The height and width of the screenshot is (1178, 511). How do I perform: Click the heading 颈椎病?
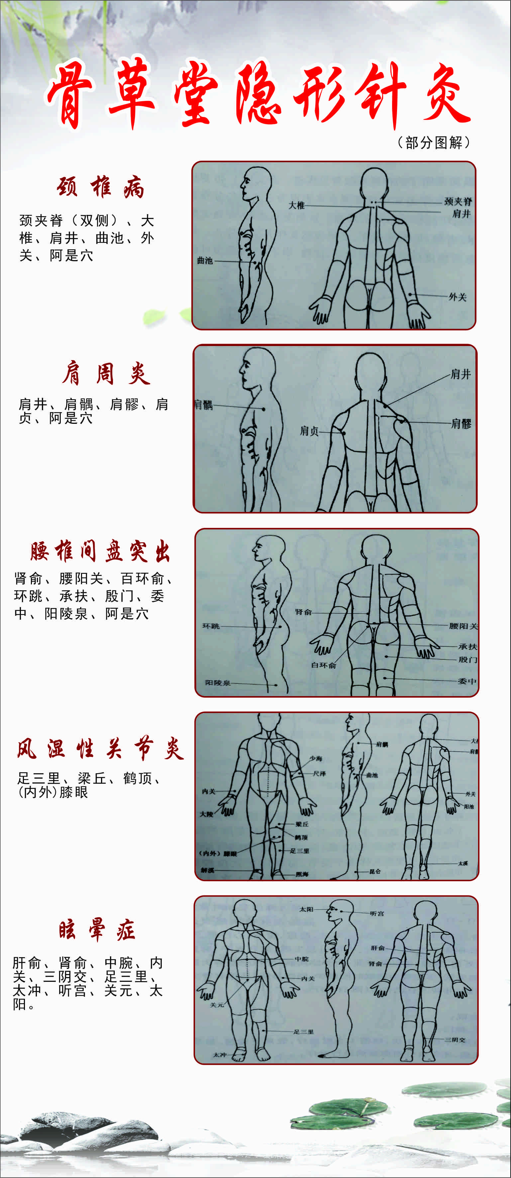[100, 187]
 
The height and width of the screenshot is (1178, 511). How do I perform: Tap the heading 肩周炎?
[106, 373]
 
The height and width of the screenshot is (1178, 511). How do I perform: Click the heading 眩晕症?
[97, 930]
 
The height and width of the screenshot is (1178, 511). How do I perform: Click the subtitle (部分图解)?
[433, 142]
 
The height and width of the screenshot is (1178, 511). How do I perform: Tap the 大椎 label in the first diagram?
[296, 205]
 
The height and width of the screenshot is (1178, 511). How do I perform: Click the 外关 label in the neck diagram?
[457, 297]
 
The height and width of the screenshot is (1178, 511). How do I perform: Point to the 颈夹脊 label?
[458, 201]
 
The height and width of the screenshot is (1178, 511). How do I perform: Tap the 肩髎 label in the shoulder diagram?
[461, 423]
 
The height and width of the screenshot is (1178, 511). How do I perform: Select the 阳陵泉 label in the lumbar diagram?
[217, 683]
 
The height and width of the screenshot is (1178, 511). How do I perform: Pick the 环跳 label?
[211, 626]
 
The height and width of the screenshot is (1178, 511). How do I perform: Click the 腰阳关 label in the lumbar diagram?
[463, 626]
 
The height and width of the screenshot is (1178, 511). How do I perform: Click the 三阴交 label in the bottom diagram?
[455, 1040]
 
